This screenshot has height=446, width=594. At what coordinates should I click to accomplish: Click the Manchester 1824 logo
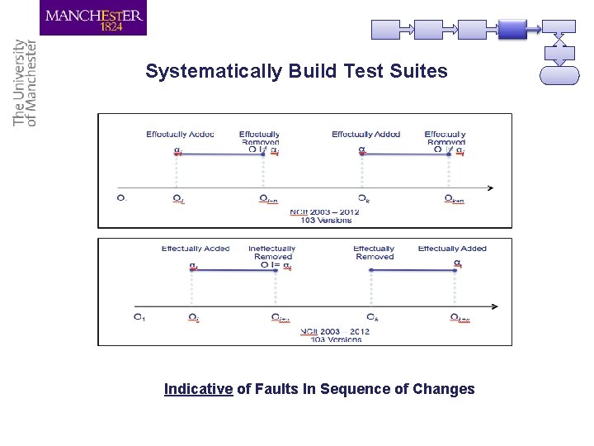point(93,18)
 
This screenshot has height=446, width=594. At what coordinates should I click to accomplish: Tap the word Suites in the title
point(422,72)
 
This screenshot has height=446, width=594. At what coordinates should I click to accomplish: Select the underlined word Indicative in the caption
point(198,389)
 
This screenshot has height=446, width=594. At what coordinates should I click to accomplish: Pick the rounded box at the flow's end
point(559,75)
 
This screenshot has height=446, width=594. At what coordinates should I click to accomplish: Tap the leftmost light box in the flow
point(390,30)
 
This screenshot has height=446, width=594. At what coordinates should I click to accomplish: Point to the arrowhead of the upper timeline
point(490,187)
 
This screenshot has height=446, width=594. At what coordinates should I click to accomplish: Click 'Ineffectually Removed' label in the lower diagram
point(272,253)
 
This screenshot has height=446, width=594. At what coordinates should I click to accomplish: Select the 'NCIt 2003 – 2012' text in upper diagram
point(324,213)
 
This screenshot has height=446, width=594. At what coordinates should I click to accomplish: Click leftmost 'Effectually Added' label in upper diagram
point(180,135)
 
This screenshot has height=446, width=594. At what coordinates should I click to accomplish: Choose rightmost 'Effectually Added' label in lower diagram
point(452,249)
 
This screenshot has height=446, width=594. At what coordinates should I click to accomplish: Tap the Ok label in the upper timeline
point(363,199)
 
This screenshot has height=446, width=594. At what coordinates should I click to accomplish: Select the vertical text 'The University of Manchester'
point(25,83)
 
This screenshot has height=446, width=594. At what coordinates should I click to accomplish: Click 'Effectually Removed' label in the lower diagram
point(374,253)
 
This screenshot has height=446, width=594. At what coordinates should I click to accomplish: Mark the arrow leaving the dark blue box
point(534,30)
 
